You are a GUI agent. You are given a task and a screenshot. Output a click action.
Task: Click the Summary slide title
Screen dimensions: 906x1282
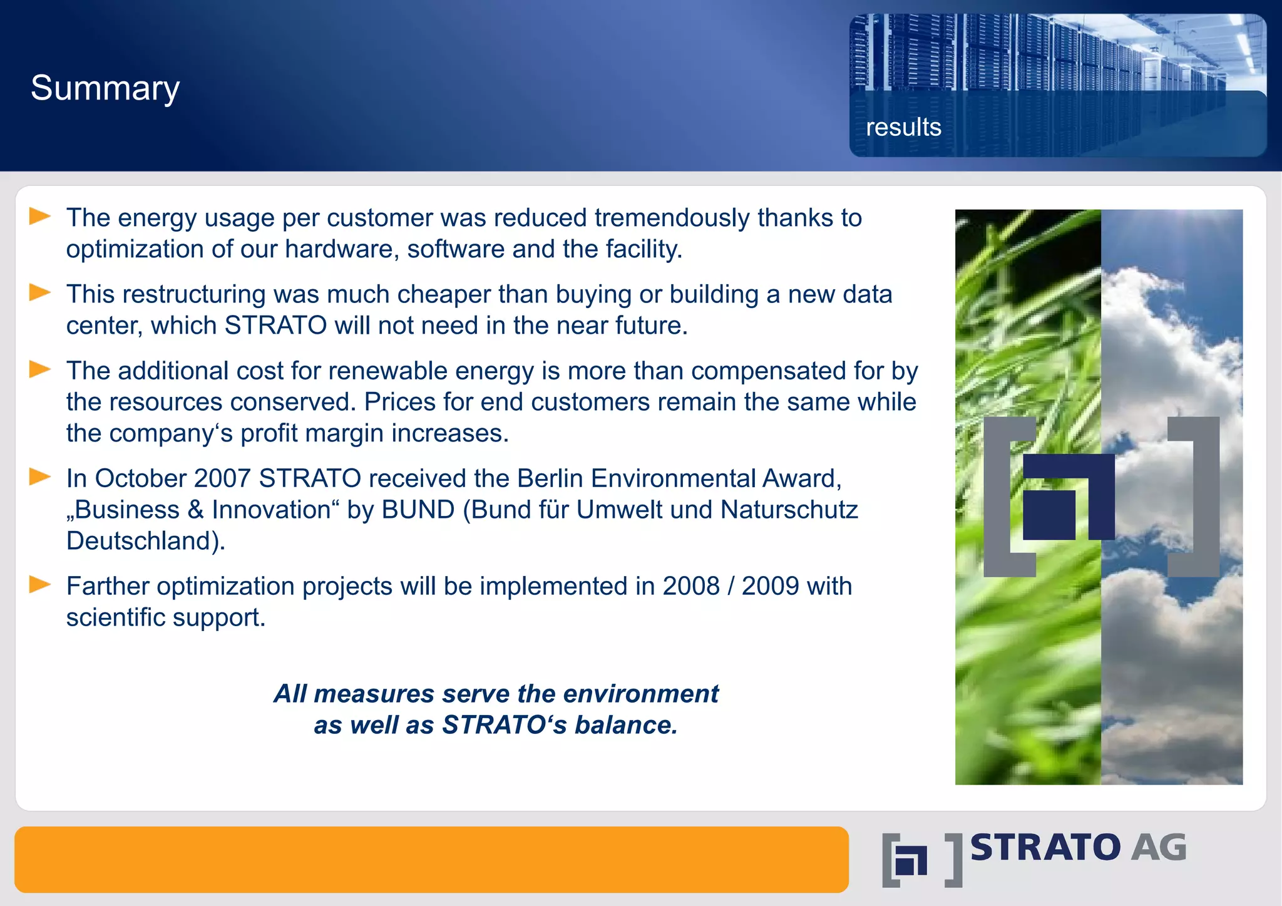click(x=105, y=88)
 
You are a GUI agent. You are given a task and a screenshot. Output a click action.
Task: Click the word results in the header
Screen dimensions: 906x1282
click(x=903, y=127)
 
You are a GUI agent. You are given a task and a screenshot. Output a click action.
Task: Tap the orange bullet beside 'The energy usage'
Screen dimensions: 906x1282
click(x=40, y=217)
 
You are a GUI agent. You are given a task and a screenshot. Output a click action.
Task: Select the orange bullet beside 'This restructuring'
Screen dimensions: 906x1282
click(x=40, y=292)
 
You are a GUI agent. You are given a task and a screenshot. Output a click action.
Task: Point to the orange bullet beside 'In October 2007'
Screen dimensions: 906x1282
click(x=40, y=477)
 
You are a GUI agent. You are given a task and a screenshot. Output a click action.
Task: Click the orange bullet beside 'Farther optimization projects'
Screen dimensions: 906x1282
click(x=40, y=585)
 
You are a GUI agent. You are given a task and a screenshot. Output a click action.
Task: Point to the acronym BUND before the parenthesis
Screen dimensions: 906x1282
click(x=418, y=510)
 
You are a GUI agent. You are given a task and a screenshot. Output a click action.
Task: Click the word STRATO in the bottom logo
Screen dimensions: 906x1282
click(x=1045, y=848)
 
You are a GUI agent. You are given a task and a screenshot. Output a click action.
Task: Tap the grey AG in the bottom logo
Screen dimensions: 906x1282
click(x=1158, y=848)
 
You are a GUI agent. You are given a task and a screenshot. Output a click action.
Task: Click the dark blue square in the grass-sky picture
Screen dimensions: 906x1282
click(x=1049, y=515)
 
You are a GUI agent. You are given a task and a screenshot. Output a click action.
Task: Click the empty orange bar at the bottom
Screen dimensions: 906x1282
click(x=431, y=859)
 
